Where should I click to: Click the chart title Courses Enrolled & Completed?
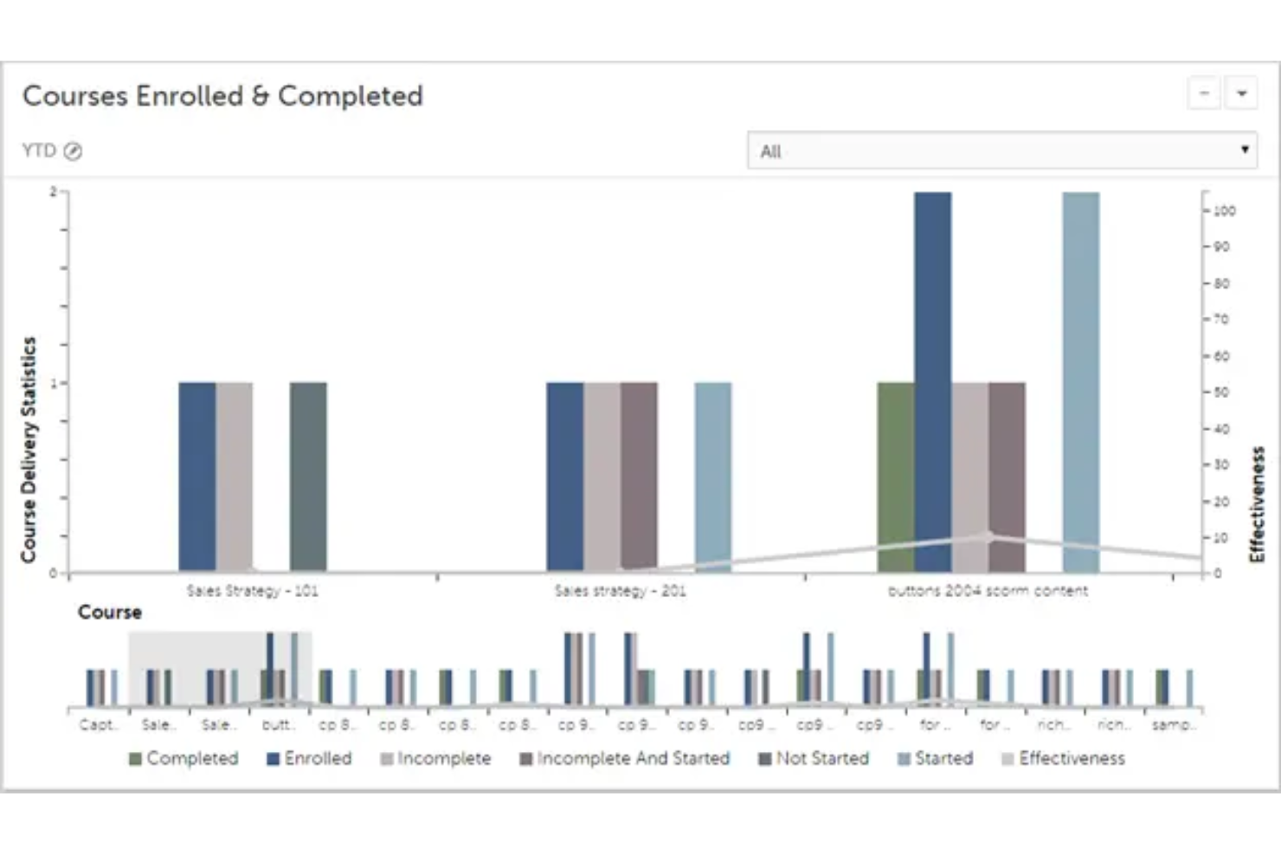(x=222, y=96)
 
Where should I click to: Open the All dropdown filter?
(x=1001, y=151)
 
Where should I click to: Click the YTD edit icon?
(x=74, y=151)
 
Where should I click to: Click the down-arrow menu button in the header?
(x=1241, y=93)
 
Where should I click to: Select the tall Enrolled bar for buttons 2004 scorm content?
(x=932, y=381)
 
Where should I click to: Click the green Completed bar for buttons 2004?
(x=895, y=477)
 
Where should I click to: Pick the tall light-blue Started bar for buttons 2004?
(x=1080, y=381)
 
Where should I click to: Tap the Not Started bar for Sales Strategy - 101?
(x=308, y=477)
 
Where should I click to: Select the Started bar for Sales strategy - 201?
(x=712, y=477)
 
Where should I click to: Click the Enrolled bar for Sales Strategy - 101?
(x=196, y=477)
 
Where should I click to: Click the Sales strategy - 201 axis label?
(x=620, y=591)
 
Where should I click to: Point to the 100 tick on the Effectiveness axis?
(x=1224, y=211)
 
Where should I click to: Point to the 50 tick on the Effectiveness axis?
(x=1220, y=392)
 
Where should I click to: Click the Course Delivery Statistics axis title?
(x=29, y=450)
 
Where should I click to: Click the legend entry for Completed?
(x=183, y=759)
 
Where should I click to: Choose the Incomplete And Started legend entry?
(x=624, y=759)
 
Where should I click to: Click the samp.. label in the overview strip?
(x=1173, y=725)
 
